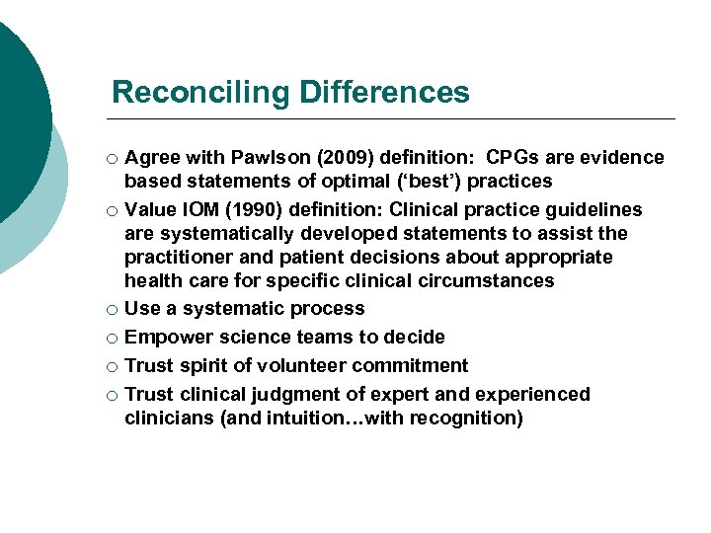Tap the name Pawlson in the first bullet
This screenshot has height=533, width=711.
[264, 158]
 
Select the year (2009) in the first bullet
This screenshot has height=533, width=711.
[332, 158]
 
